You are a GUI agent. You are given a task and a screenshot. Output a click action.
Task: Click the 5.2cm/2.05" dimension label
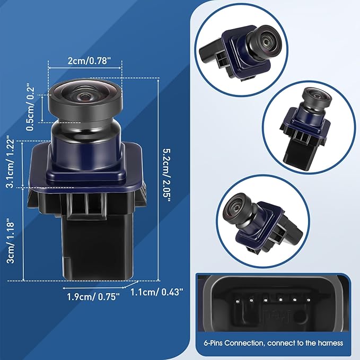tap(167, 175)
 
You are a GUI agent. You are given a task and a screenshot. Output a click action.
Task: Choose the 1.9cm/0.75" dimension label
tap(93, 296)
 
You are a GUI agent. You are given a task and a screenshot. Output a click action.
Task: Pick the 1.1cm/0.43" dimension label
tap(157, 292)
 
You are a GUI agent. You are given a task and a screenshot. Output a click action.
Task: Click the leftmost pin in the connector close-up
tap(238, 301)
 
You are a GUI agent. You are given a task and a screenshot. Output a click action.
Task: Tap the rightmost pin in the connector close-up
tap(309, 300)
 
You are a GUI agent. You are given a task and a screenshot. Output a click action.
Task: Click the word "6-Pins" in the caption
tap(213, 344)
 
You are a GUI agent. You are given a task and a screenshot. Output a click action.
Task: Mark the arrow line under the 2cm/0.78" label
tap(85, 68)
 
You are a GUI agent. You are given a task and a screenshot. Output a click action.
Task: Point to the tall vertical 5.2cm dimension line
tap(158, 179)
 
